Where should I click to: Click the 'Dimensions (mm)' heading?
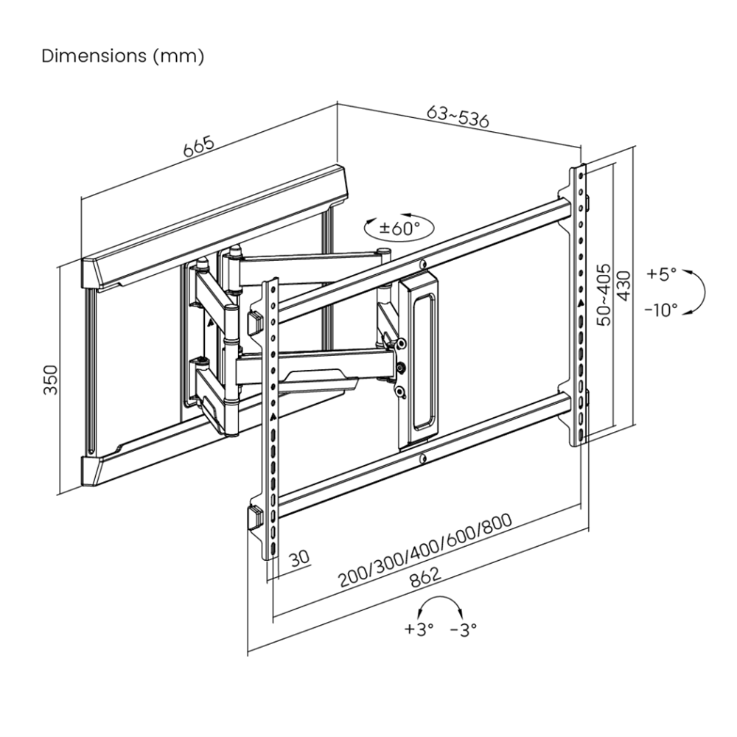[122, 56]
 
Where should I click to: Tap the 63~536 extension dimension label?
[458, 117]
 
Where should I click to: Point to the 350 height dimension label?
[51, 380]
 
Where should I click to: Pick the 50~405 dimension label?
[604, 295]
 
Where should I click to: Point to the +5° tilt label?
[661, 274]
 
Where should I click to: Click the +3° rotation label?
[419, 629]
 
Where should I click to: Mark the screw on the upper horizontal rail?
[422, 265]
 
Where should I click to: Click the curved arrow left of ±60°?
[371, 222]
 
